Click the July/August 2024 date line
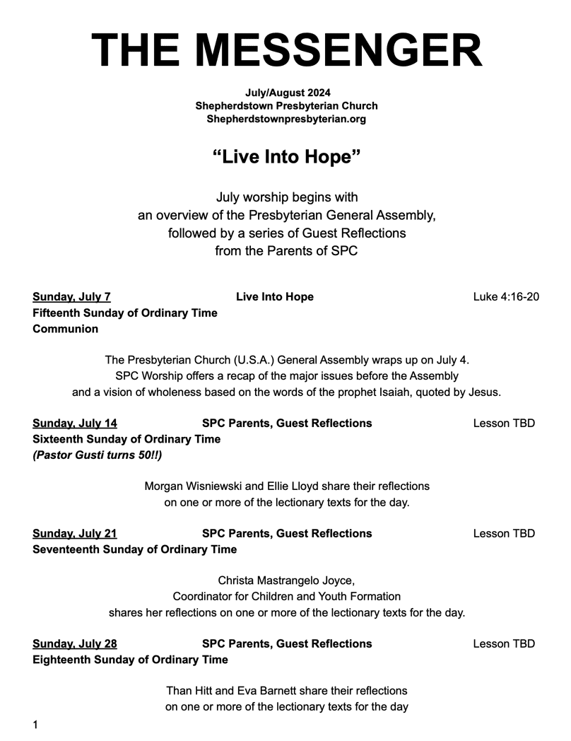click(x=287, y=93)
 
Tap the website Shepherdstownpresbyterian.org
click(x=286, y=119)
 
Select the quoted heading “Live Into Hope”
click(x=286, y=156)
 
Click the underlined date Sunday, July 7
click(x=71, y=297)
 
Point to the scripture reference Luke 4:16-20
click(x=506, y=297)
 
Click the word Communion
click(x=66, y=329)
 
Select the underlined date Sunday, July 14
click(x=75, y=424)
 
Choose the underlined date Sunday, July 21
click(x=75, y=534)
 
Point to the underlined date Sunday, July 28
click(x=75, y=644)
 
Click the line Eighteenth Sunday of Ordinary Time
click(x=131, y=660)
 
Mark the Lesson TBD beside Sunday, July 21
click(x=504, y=534)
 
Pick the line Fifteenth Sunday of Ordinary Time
click(x=125, y=313)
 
